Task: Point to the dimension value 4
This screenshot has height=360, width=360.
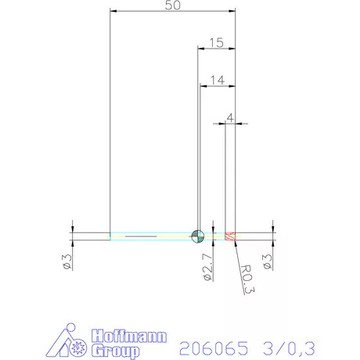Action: pos(229,117)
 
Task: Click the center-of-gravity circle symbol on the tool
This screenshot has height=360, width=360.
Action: pos(196,235)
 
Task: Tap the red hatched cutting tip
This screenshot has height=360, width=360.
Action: pos(230,236)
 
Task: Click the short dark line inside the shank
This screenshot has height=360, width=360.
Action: pos(141,235)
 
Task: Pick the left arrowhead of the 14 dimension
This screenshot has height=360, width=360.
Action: pos(205,85)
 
